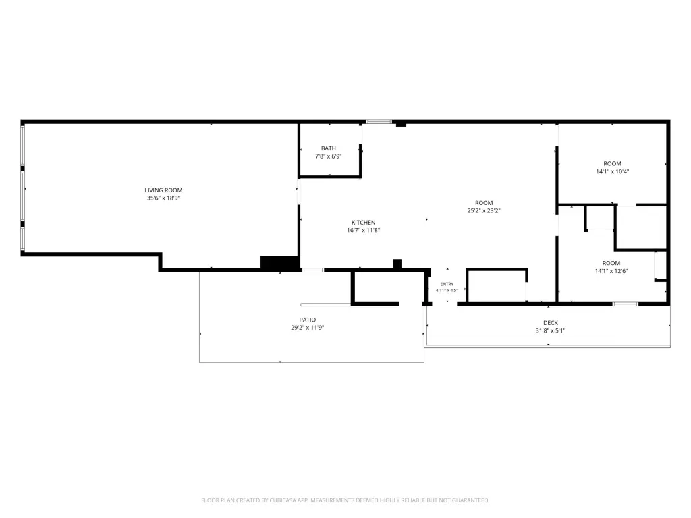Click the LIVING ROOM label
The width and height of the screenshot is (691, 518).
click(x=163, y=190)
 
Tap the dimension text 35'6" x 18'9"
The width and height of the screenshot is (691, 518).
click(x=163, y=198)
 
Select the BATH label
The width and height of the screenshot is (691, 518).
click(x=329, y=148)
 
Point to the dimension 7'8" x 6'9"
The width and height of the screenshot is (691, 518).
click(x=329, y=156)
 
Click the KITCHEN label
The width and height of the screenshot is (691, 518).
click(x=364, y=223)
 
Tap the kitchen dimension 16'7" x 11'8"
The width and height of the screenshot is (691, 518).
click(x=364, y=231)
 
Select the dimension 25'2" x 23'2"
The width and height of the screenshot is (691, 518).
click(x=484, y=211)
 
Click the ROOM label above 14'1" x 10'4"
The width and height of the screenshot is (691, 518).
click(x=613, y=163)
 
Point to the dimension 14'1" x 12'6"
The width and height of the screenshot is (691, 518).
click(x=611, y=271)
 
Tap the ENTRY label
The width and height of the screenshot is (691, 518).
click(x=447, y=284)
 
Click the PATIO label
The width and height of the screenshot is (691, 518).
click(x=308, y=320)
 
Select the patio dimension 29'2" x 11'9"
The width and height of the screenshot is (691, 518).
click(x=308, y=328)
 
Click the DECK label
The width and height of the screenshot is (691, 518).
click(x=551, y=323)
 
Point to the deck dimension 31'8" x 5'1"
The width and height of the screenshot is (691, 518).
click(x=551, y=330)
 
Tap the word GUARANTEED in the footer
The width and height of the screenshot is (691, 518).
click(x=471, y=500)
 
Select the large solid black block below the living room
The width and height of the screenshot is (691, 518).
click(x=279, y=262)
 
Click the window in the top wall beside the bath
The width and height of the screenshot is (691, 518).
click(x=379, y=122)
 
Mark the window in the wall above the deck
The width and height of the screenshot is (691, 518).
click(x=626, y=304)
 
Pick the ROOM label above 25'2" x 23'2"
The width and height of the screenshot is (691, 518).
click(x=484, y=203)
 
